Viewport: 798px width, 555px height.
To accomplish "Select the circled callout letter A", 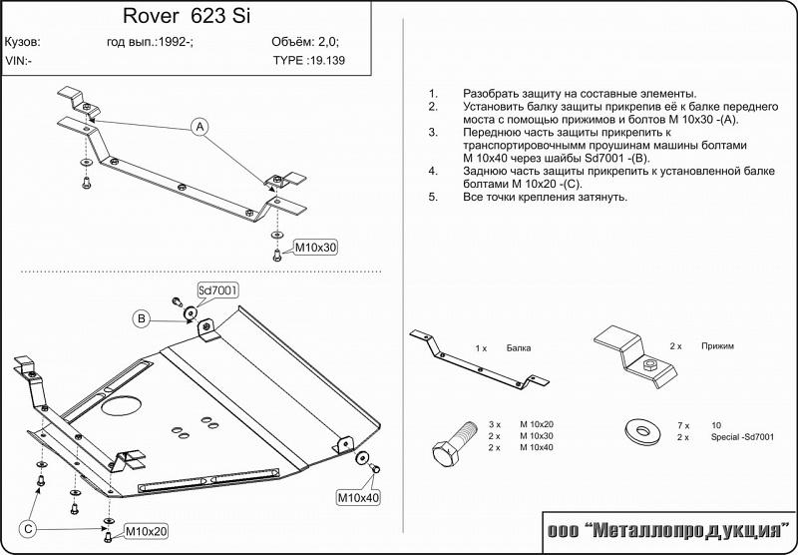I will click(x=199, y=127).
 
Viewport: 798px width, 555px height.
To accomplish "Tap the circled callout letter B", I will click(x=143, y=318).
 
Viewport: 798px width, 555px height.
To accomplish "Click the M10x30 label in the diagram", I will click(x=314, y=248).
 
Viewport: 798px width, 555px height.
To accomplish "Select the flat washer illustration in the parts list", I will click(x=640, y=431).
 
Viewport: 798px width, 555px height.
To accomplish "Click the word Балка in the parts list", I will click(x=518, y=348).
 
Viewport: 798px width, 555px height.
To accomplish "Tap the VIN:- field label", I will click(x=18, y=60).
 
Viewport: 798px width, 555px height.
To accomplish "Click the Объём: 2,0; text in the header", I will click(x=304, y=42).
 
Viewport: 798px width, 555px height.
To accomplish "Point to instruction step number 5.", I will click(x=433, y=197).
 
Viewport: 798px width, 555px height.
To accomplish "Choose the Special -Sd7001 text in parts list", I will click(x=741, y=437).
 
